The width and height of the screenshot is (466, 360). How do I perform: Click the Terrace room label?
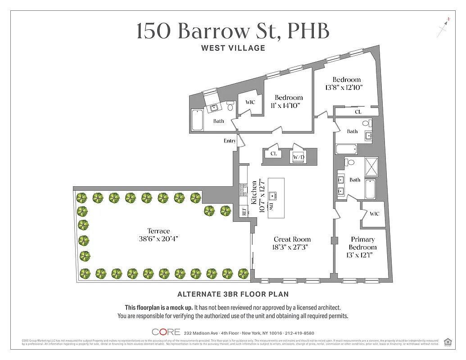(x=158, y=231)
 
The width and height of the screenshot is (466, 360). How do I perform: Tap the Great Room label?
(x=292, y=239)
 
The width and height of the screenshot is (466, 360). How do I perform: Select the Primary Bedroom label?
(x=363, y=243)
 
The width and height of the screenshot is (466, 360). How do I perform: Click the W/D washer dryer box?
(x=299, y=157)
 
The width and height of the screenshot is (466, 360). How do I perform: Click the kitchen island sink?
(x=272, y=196)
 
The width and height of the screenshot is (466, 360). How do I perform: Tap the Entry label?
(x=230, y=141)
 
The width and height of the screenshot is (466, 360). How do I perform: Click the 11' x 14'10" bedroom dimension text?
(x=285, y=105)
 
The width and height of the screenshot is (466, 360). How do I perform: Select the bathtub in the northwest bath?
(x=197, y=120)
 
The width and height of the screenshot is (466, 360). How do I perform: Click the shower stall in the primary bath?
(x=371, y=166)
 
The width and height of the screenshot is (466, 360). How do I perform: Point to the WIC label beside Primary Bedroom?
(x=374, y=214)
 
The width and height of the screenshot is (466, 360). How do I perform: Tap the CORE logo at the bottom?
(x=166, y=332)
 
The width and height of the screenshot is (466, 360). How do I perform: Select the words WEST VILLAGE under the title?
(x=233, y=48)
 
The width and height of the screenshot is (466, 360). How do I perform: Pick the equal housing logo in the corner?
(x=448, y=342)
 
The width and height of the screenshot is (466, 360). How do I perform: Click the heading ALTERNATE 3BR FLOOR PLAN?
(x=233, y=294)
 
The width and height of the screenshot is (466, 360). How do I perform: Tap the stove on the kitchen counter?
(x=243, y=189)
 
